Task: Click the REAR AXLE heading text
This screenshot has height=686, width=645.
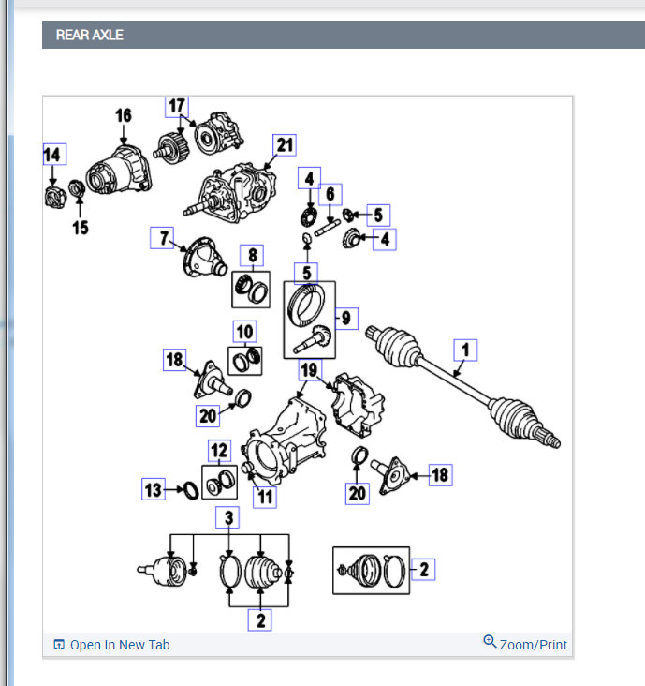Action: [x=90, y=36]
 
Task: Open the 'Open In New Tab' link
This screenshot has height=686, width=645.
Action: [x=119, y=645]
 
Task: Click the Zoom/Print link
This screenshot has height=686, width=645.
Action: [x=533, y=645]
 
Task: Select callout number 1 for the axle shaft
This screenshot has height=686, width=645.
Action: [x=465, y=350]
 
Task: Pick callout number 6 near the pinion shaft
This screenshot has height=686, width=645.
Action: [x=330, y=195]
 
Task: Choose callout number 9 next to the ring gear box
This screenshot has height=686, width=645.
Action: [x=345, y=319]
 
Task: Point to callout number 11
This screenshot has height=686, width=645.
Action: [x=265, y=497]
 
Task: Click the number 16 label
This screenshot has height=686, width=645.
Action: [x=123, y=116]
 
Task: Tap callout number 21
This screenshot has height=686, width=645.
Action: [x=284, y=144]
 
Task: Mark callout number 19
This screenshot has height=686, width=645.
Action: [x=308, y=371]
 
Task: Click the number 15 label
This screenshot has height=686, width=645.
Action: [x=81, y=228]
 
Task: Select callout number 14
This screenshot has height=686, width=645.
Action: [x=52, y=155]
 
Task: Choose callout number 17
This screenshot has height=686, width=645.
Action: [x=177, y=106]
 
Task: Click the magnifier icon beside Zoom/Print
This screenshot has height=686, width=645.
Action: [x=490, y=642]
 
